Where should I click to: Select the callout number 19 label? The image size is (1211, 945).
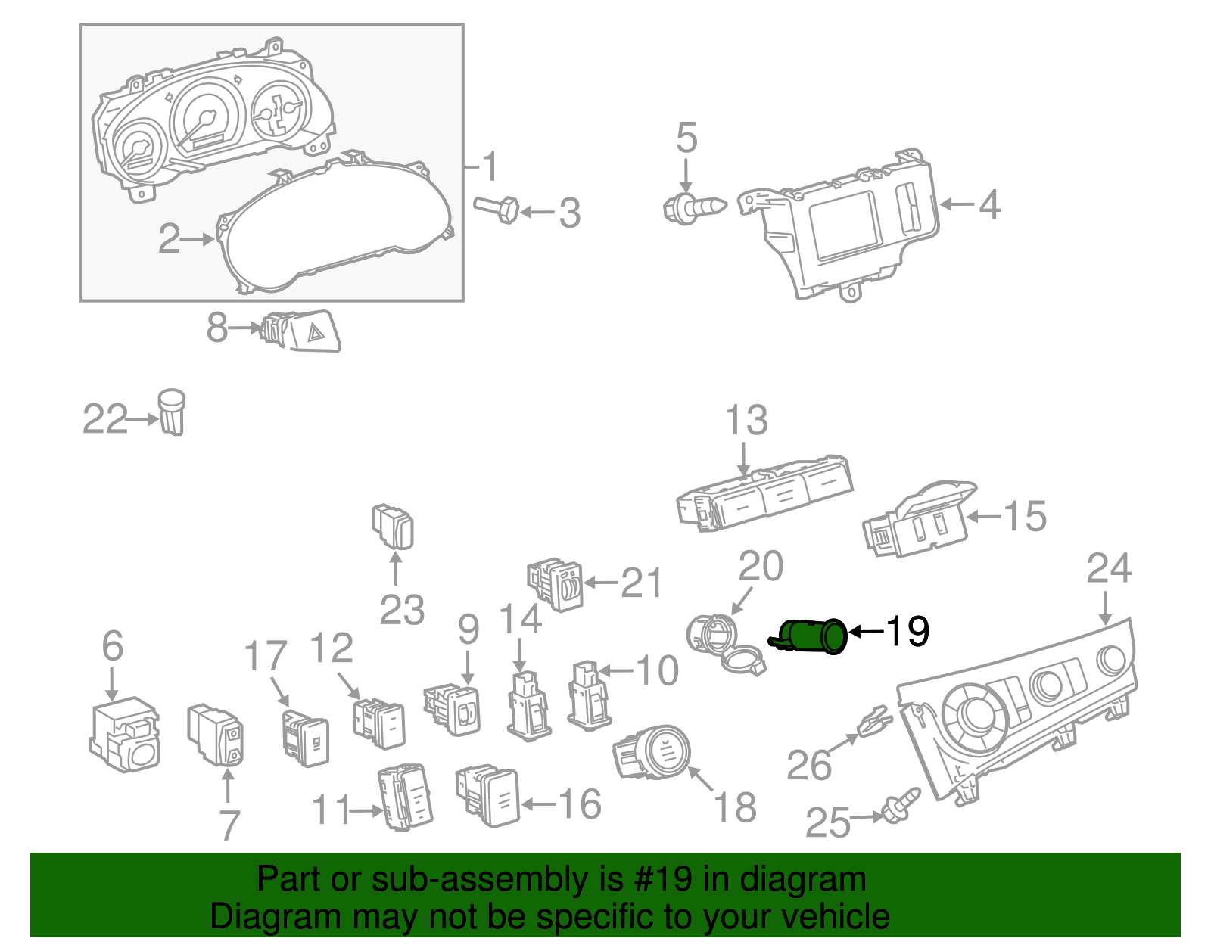point(907,631)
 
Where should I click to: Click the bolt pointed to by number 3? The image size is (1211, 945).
point(497,208)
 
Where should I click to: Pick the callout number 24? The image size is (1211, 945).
point(1109,569)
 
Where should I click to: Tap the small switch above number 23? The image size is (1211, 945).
point(394,525)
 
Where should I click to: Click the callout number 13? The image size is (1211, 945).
point(746,420)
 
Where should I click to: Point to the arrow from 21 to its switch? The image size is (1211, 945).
point(601,583)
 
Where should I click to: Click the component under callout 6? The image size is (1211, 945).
point(125,734)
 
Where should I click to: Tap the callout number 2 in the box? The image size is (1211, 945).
point(169,239)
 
